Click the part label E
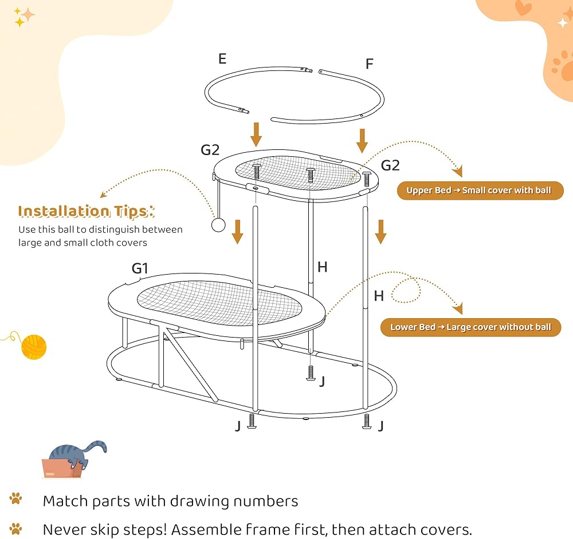[x=222, y=59]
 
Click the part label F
[x=370, y=64]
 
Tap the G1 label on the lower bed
[x=140, y=268]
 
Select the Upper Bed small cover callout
[x=480, y=191]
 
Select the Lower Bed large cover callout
[x=470, y=327]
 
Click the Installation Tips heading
[x=87, y=211]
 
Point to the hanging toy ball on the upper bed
[x=218, y=225]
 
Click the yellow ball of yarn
[x=34, y=347]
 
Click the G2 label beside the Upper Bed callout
[x=390, y=165]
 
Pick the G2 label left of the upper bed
[x=210, y=150]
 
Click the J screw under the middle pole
[x=311, y=373]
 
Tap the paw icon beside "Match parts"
[x=15, y=498]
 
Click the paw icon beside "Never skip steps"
[x=15, y=529]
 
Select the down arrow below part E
[x=256, y=134]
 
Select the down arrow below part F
[x=362, y=141]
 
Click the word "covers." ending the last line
[x=446, y=529]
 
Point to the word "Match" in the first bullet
[x=66, y=501]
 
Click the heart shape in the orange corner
[x=523, y=7]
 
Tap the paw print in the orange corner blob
[x=562, y=66]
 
